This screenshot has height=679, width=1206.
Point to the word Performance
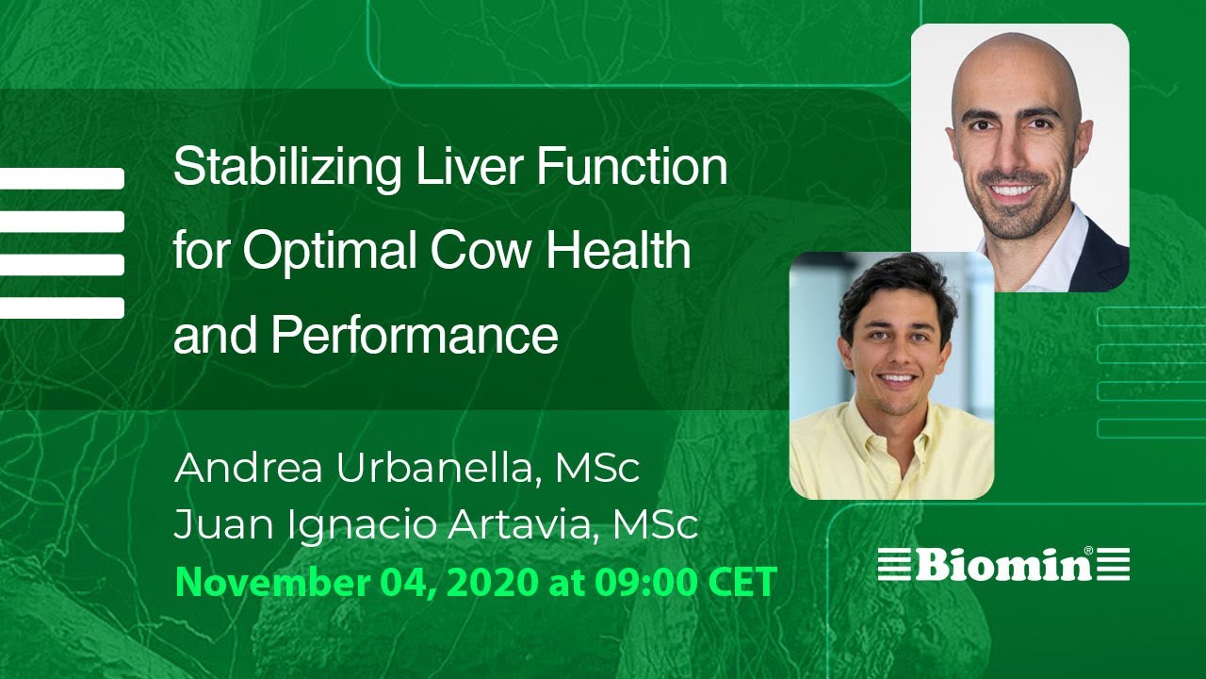pos(415,336)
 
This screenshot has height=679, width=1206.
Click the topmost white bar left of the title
pos(61,178)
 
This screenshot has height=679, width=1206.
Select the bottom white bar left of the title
pos(61,307)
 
